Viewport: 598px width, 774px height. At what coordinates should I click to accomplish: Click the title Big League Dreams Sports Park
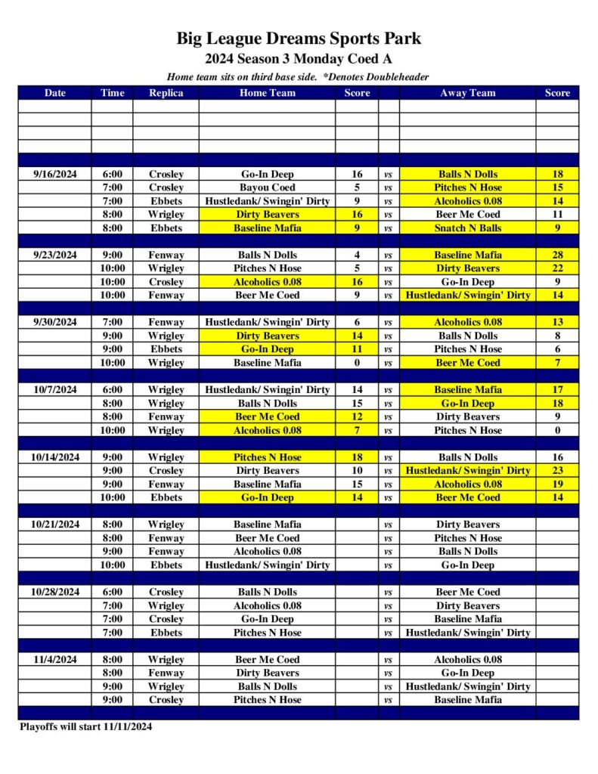point(299,39)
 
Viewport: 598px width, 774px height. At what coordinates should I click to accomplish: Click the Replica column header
point(166,93)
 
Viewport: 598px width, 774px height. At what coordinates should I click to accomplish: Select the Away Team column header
point(467,93)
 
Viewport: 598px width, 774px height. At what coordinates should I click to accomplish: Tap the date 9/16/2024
point(55,174)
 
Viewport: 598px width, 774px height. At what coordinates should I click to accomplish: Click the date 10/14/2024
point(55,457)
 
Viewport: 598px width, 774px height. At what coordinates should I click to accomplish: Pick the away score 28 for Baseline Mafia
point(557,255)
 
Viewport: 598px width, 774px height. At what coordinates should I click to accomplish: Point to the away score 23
point(557,470)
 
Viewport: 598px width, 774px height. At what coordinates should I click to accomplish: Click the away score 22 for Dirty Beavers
point(557,268)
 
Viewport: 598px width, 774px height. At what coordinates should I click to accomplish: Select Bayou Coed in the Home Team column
point(268,187)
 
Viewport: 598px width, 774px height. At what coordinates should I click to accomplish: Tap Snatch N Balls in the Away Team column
point(467,228)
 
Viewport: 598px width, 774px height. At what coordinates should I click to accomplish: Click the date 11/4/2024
point(55,659)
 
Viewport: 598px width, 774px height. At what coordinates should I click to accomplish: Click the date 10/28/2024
point(55,592)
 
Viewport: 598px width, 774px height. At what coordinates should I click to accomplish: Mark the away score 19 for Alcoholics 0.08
point(557,484)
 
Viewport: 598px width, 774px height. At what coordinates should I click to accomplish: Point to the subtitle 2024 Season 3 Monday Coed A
point(299,59)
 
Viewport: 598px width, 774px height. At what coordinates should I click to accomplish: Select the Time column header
point(112,93)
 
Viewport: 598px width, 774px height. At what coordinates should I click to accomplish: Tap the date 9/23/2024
point(55,255)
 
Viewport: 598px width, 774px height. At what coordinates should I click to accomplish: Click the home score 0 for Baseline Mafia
point(357,363)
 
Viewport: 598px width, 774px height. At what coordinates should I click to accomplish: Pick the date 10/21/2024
point(55,525)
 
